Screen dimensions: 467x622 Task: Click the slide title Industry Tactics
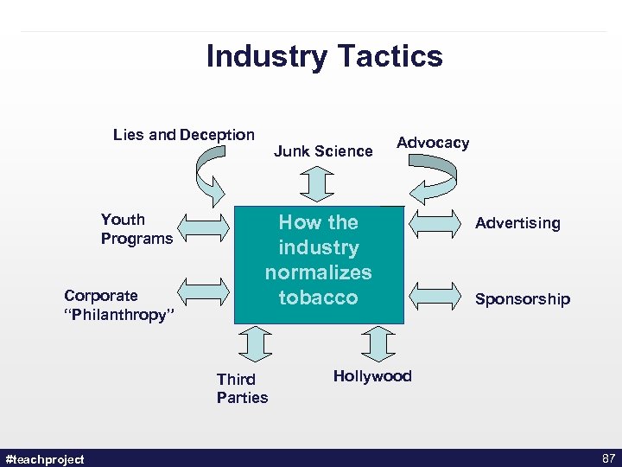(324, 56)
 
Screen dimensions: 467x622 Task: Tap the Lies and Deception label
(184, 134)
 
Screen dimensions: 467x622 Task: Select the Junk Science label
(323, 151)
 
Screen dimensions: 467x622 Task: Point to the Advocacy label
(433, 143)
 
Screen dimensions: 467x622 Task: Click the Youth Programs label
(136, 229)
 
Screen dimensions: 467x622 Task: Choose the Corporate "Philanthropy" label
(119, 305)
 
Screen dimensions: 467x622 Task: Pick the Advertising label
(517, 223)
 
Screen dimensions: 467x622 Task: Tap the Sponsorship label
(523, 299)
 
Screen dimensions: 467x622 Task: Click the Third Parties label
(242, 388)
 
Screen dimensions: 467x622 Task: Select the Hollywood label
(372, 376)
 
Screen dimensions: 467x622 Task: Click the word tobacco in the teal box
(318, 297)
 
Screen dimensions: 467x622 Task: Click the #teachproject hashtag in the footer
(45, 459)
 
